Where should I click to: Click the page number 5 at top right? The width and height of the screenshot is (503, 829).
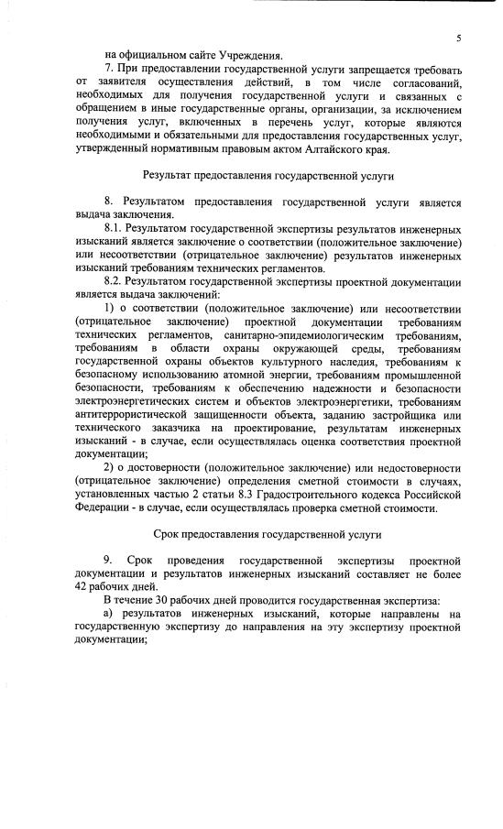click(458, 38)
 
